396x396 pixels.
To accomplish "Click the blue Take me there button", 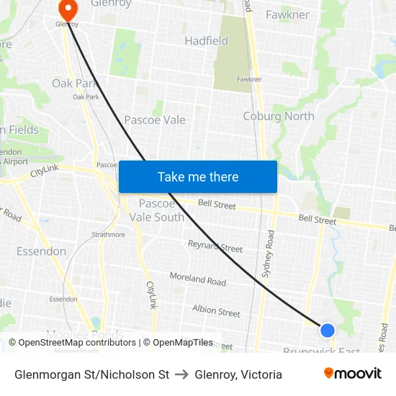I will click(x=198, y=176).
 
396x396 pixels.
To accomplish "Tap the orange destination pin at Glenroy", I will click(x=68, y=9).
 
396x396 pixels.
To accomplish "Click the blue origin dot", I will click(x=327, y=330).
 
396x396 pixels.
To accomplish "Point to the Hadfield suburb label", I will click(x=207, y=41).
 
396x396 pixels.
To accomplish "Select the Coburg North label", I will click(x=279, y=116).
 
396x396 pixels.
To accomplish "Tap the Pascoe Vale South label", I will click(x=161, y=210).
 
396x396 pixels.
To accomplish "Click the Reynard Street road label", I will click(x=215, y=248).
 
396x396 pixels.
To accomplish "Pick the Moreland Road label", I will click(x=197, y=279).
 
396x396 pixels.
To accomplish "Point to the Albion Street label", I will click(x=216, y=311).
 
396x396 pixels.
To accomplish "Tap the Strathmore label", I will click(x=108, y=234).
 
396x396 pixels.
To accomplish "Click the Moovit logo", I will click(x=352, y=374).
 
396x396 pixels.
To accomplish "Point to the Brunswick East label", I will click(x=322, y=351).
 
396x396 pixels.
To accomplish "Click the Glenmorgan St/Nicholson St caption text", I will click(x=91, y=374).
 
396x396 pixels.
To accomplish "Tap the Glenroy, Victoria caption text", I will click(x=238, y=374).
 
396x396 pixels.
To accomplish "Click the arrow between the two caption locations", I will click(x=181, y=374).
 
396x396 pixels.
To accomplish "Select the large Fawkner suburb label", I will click(x=287, y=14).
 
